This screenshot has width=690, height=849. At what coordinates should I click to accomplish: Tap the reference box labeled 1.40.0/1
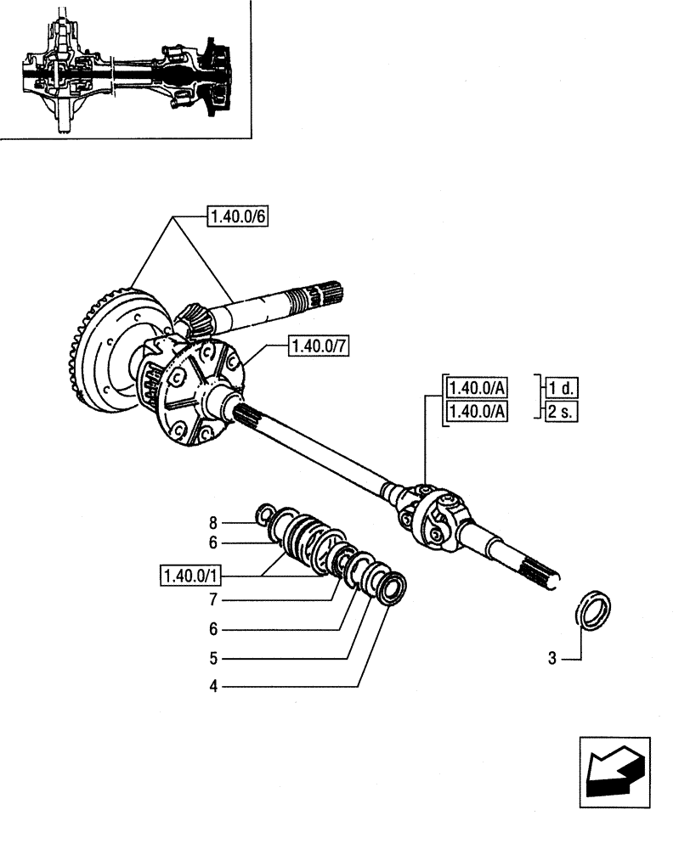click(x=189, y=576)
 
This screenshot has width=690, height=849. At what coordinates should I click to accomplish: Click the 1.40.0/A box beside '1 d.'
click(x=475, y=388)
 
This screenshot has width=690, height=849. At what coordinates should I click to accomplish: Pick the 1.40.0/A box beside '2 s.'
click(x=475, y=412)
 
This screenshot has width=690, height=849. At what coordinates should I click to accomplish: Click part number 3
click(x=553, y=657)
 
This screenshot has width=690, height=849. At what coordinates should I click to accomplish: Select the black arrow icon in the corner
click(x=614, y=767)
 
